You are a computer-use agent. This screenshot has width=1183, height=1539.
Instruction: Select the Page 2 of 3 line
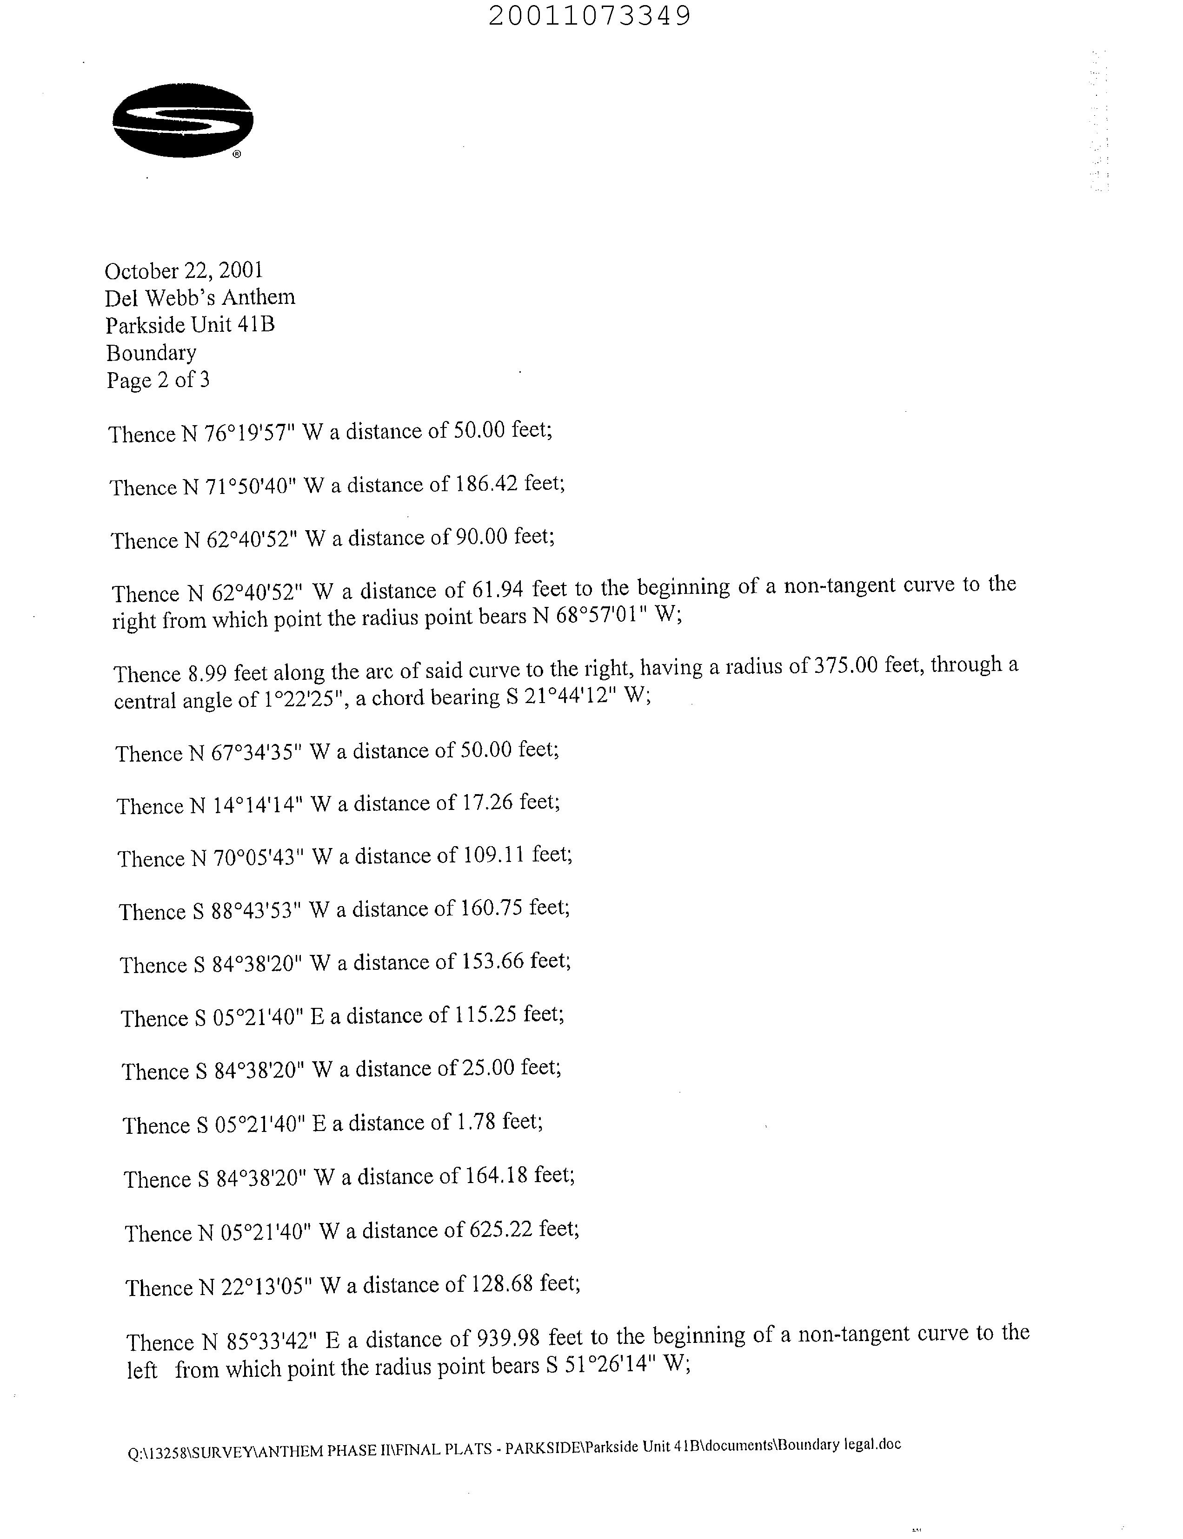(x=159, y=380)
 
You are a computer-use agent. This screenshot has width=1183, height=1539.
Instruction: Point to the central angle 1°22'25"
(x=304, y=700)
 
